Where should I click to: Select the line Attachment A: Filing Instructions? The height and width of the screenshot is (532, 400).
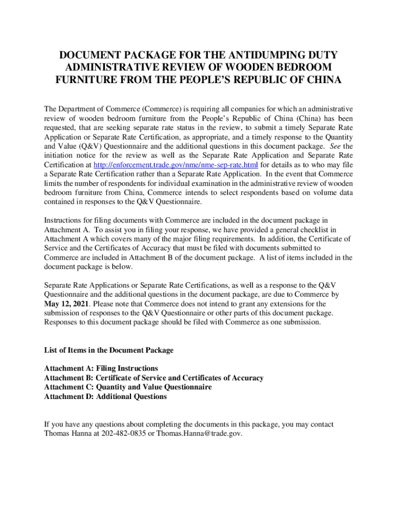[101, 368]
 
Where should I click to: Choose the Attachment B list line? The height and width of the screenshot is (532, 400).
[154, 378]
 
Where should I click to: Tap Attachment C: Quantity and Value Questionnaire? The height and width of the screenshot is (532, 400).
[128, 387]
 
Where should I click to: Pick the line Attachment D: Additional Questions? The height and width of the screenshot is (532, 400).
[105, 396]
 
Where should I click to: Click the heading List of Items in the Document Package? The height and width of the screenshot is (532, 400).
[109, 350]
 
